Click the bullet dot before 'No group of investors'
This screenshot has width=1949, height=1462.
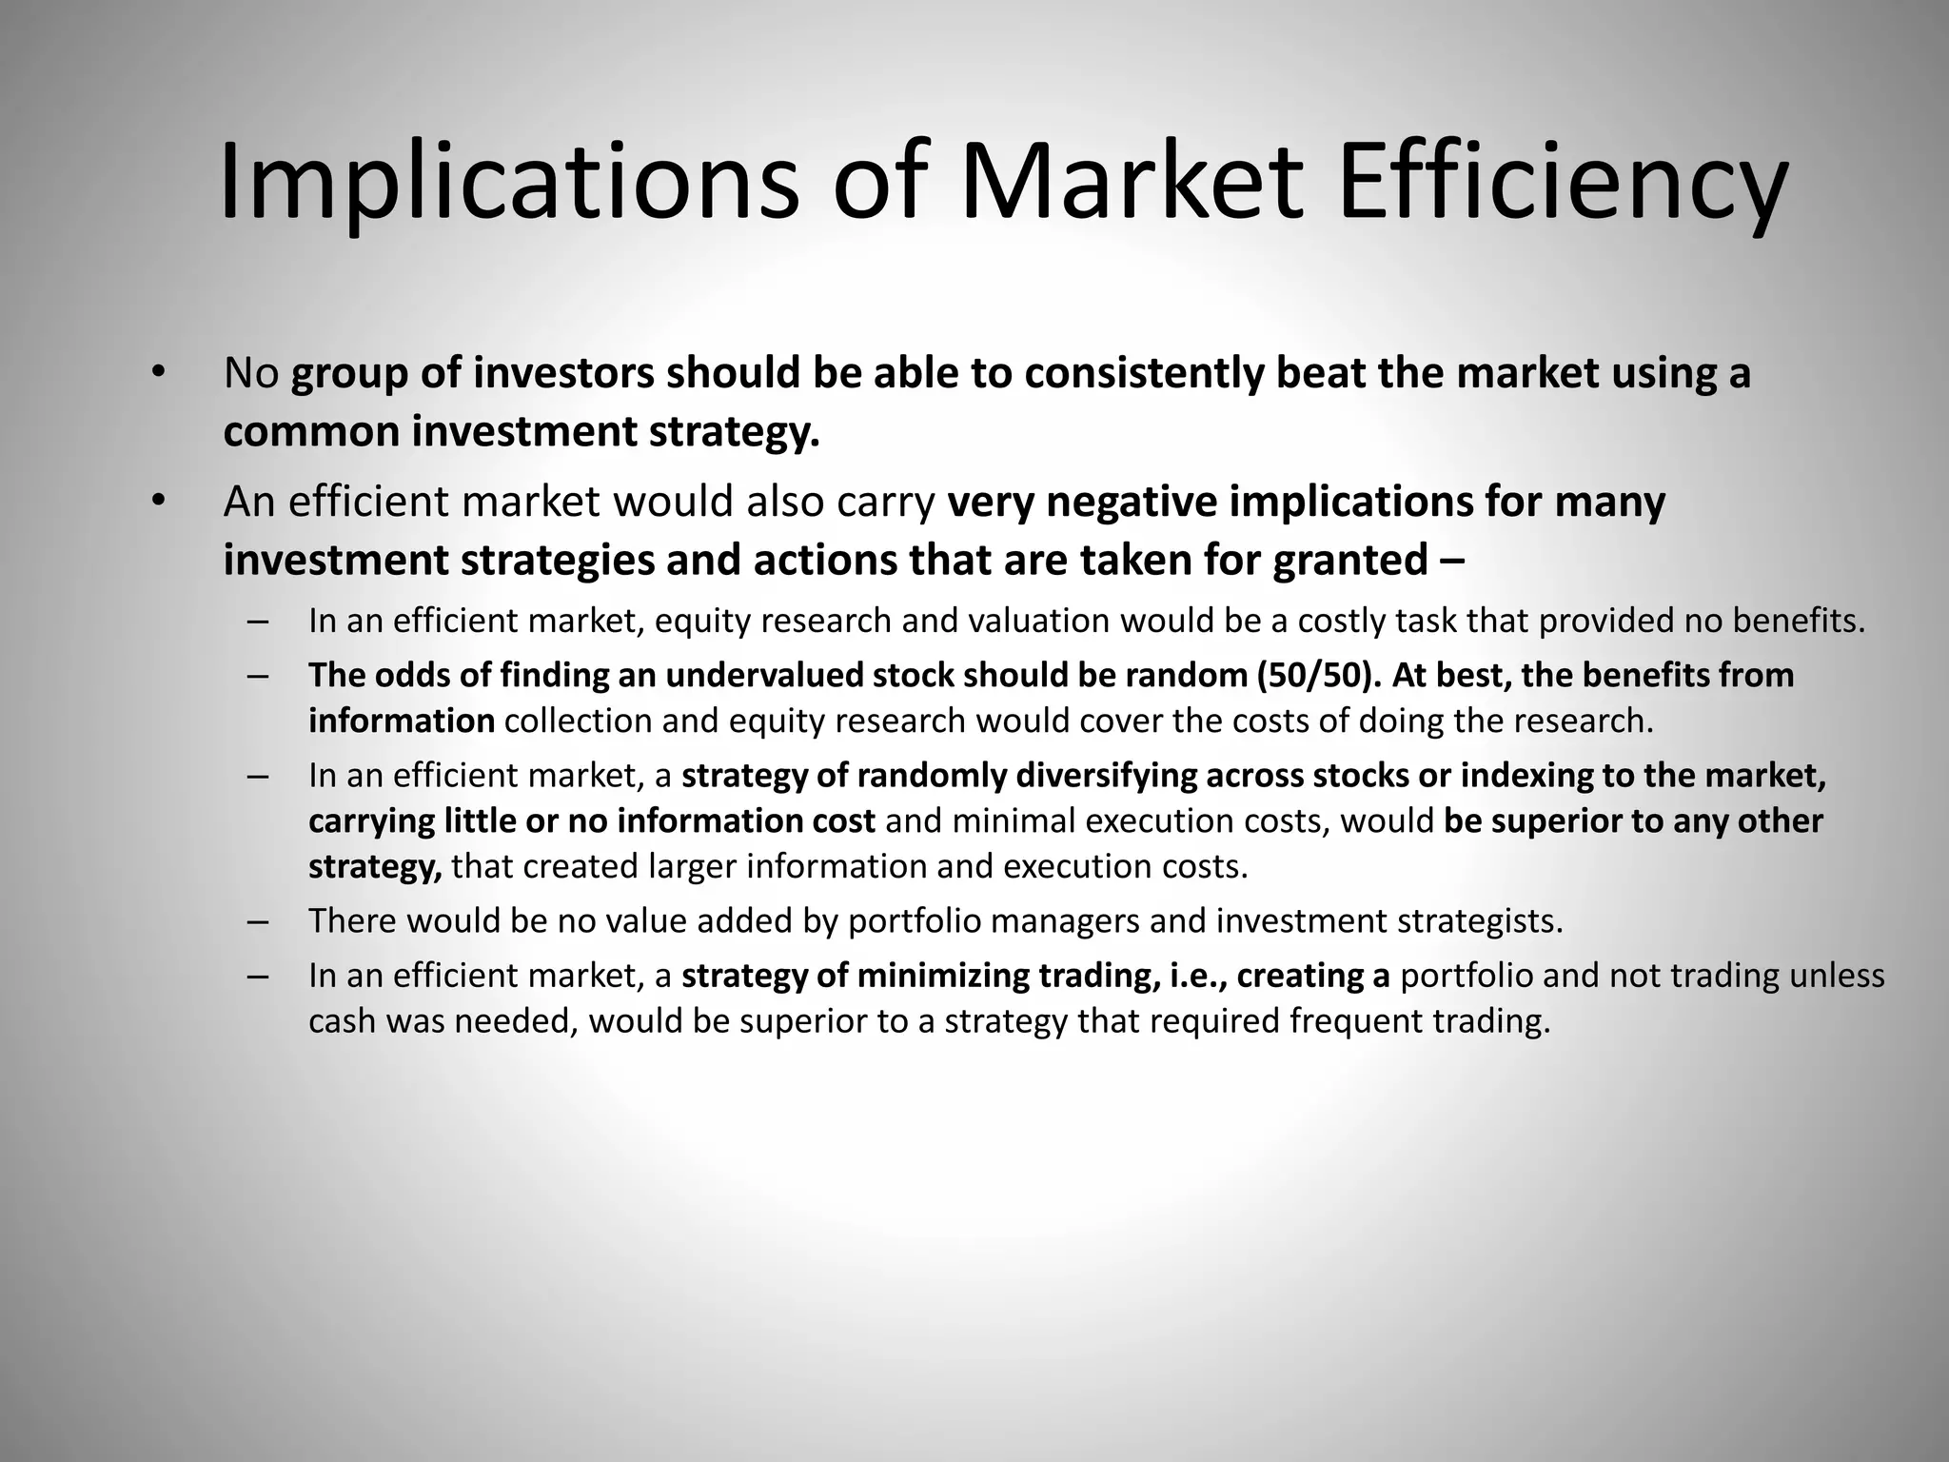(158, 372)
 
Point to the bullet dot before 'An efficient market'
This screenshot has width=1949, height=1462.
(158, 501)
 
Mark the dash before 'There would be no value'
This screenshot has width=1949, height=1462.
(257, 921)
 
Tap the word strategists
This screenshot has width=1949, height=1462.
(1478, 921)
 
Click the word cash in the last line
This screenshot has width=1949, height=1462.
(340, 1021)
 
